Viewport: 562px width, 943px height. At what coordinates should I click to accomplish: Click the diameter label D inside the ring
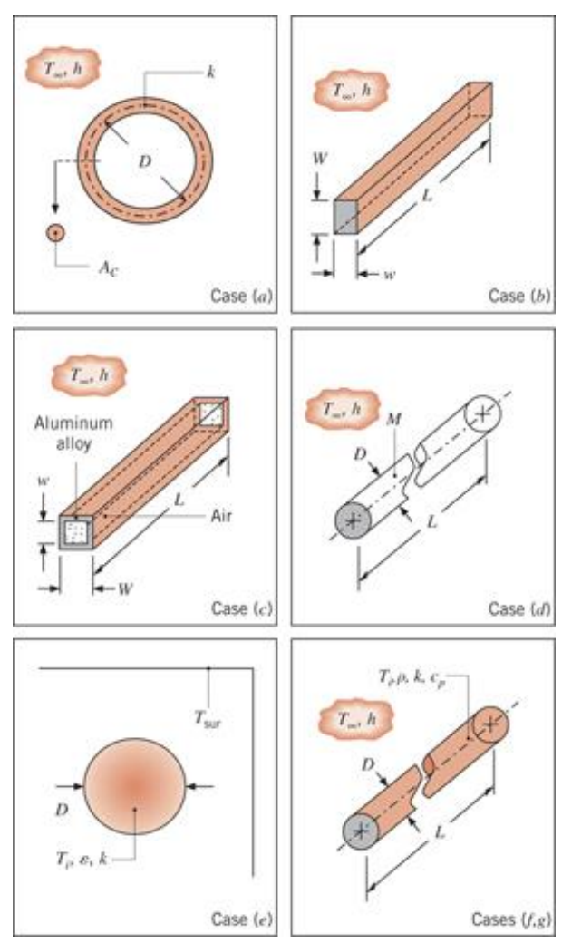(146, 160)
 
